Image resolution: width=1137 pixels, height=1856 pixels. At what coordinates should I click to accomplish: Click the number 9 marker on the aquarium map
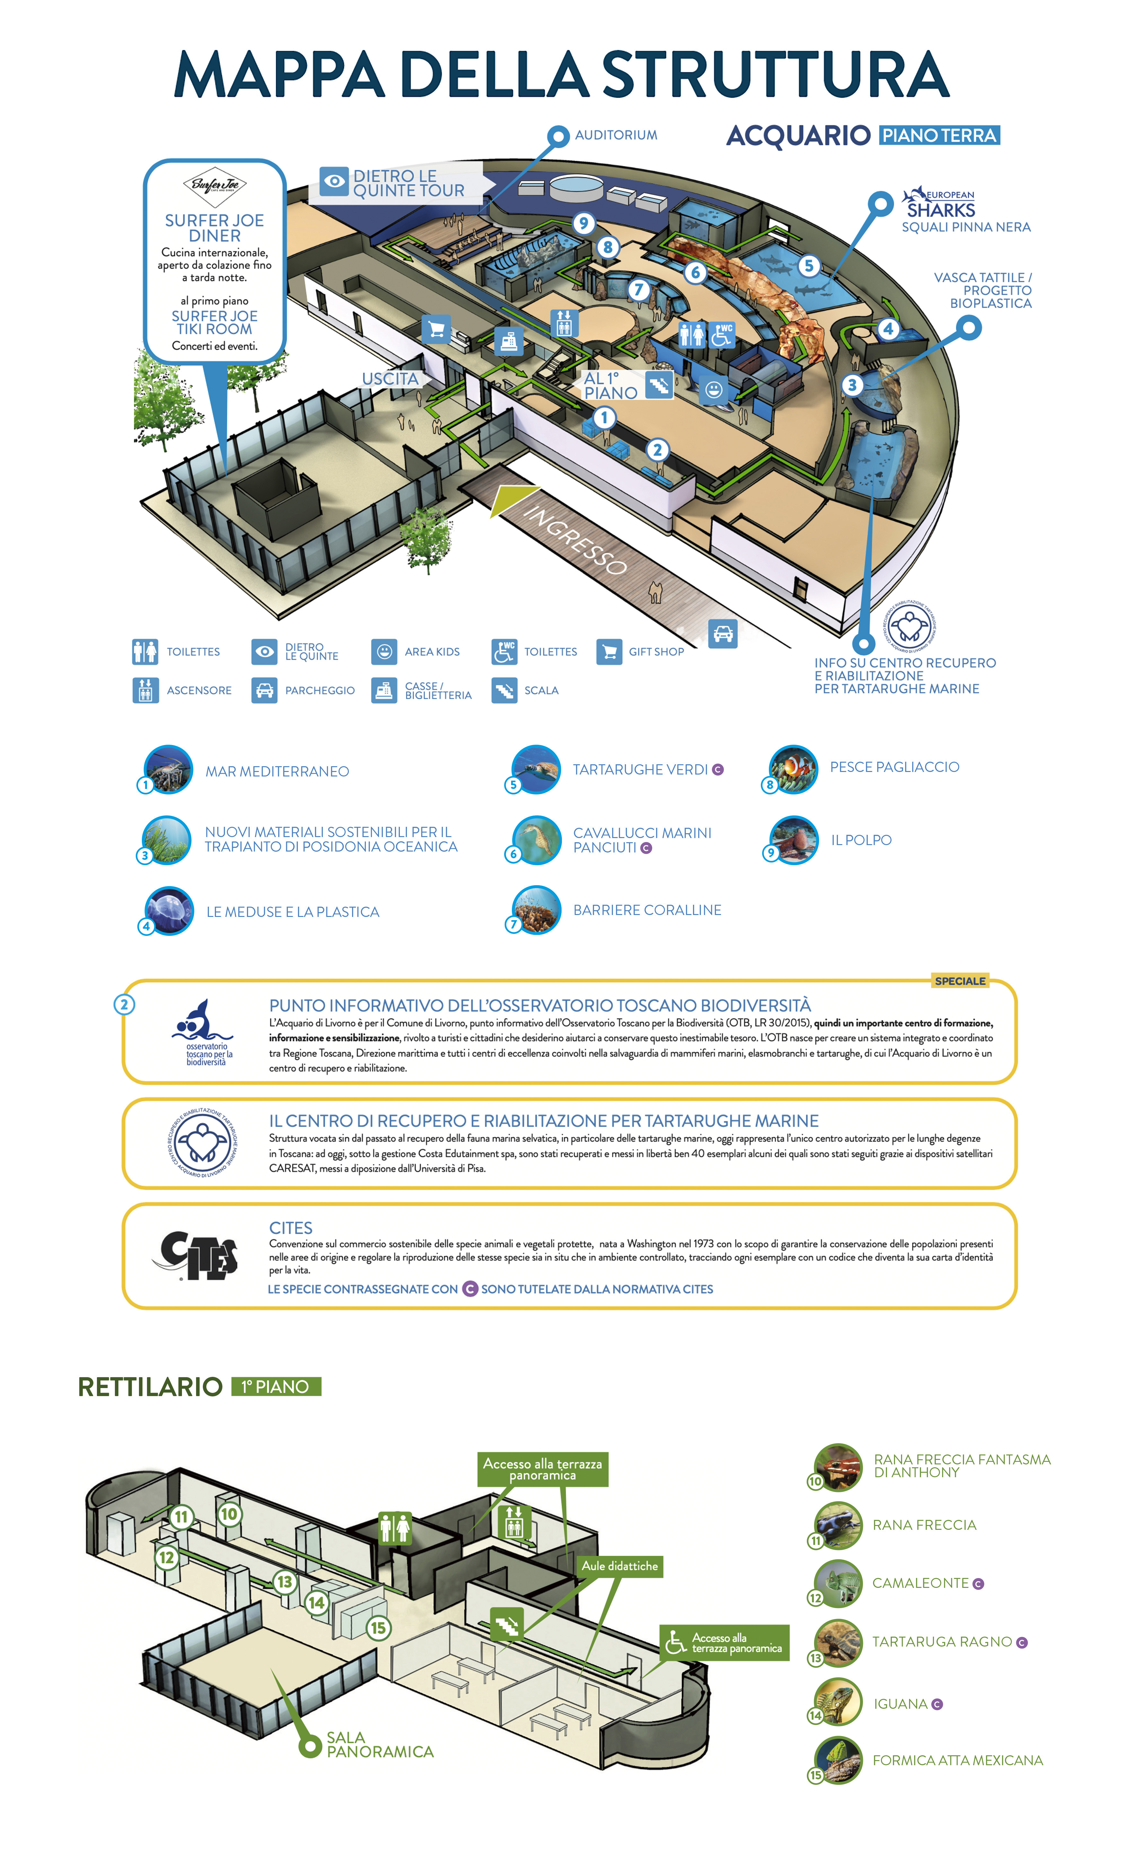583,223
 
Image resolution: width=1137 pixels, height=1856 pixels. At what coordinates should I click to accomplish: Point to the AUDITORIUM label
616,135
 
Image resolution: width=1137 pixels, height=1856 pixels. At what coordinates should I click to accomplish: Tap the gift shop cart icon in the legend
609,652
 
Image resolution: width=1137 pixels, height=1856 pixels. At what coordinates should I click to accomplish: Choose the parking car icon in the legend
264,690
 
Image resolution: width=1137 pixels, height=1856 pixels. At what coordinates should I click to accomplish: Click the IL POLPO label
861,840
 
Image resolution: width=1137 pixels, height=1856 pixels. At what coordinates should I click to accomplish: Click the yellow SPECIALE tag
960,981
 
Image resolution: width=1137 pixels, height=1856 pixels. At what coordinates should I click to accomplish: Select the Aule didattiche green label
619,1566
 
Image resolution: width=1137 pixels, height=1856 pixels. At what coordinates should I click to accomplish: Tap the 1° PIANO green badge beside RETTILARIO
277,1387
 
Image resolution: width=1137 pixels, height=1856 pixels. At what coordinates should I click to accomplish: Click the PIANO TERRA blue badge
939,136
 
